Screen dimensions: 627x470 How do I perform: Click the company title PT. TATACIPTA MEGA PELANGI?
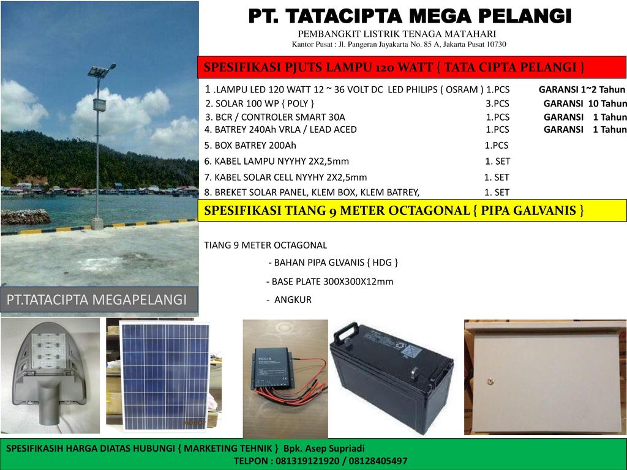tap(410, 16)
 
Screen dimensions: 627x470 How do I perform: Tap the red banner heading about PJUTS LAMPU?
tap(411, 67)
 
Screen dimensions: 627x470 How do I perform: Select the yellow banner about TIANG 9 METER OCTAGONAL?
tap(412, 211)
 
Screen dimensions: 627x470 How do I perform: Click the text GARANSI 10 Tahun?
tap(585, 103)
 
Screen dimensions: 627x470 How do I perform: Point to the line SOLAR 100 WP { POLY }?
tap(260, 103)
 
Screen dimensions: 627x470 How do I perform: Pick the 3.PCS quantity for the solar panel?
tap(497, 103)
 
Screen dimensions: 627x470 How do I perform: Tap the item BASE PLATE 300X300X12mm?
tap(330, 282)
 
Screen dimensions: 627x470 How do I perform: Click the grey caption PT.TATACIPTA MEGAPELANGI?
tap(97, 299)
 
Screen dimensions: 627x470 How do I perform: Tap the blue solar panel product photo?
tap(165, 376)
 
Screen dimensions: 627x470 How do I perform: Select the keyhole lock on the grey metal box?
tap(490, 381)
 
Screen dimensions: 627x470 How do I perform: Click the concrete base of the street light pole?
tap(97, 223)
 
